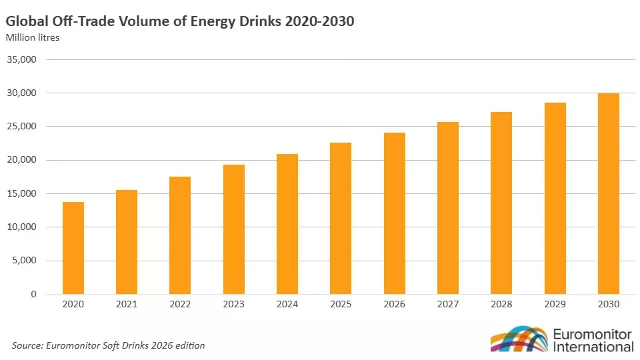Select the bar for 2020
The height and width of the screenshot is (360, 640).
click(x=73, y=248)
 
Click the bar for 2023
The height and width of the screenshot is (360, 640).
click(x=234, y=229)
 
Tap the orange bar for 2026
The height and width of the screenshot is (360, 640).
click(x=394, y=213)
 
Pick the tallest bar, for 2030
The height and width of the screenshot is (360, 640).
click(x=609, y=193)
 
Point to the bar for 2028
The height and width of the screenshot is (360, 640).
click(x=501, y=203)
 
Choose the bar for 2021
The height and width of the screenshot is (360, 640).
click(x=127, y=241)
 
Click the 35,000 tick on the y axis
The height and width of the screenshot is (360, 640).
click(x=21, y=59)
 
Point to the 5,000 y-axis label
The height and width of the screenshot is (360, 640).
click(x=24, y=261)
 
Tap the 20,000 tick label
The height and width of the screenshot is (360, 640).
click(x=21, y=160)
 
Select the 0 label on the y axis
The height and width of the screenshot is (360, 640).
click(x=33, y=294)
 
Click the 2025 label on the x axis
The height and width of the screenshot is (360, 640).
click(x=341, y=305)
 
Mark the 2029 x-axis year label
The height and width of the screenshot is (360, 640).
click(x=555, y=305)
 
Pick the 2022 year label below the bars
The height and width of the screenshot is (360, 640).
click(x=180, y=305)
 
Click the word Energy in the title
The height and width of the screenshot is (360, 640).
click(x=213, y=21)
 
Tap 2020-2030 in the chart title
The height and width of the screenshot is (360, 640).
click(x=319, y=21)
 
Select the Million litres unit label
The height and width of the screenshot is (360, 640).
click(x=33, y=37)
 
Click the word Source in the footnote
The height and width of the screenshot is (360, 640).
click(x=27, y=346)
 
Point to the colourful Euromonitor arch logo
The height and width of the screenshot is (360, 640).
click(x=519, y=339)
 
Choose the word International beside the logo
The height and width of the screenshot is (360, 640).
click(x=593, y=347)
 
